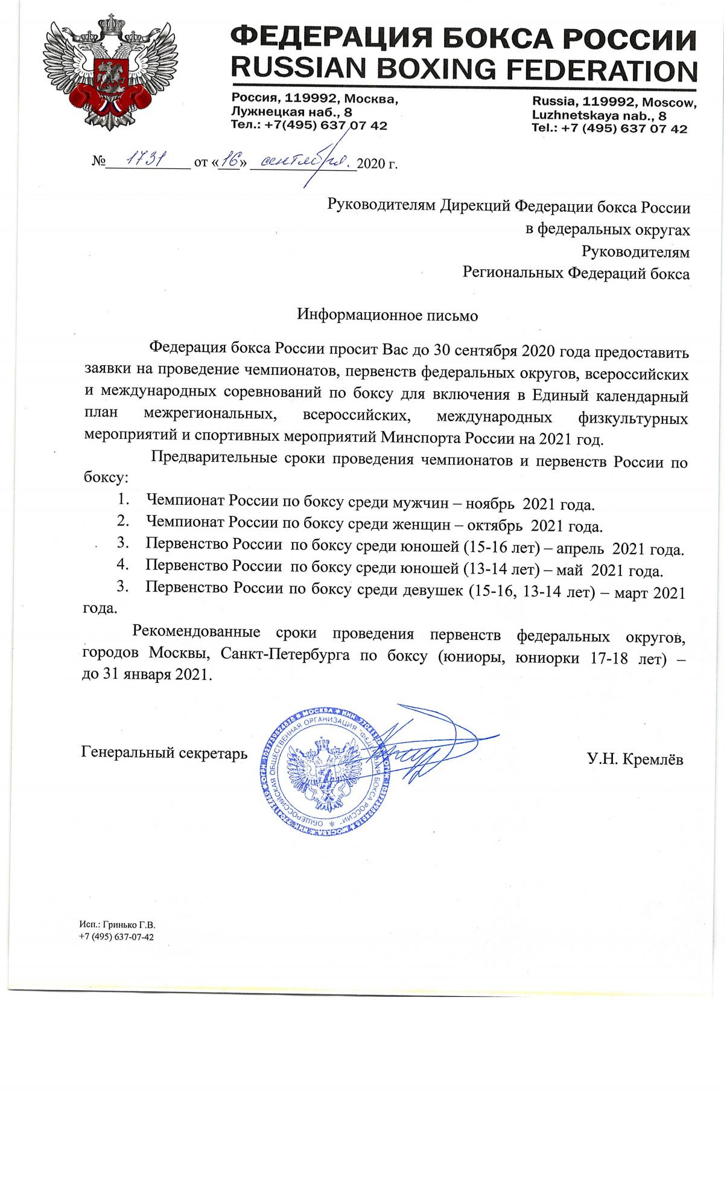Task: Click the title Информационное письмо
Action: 387,315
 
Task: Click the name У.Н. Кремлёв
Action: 635,760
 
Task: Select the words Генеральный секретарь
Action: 164,753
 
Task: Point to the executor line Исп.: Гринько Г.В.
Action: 117,925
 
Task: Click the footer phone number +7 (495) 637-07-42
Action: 116,937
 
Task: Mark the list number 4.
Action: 122,565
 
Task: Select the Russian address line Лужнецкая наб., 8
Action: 292,112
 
